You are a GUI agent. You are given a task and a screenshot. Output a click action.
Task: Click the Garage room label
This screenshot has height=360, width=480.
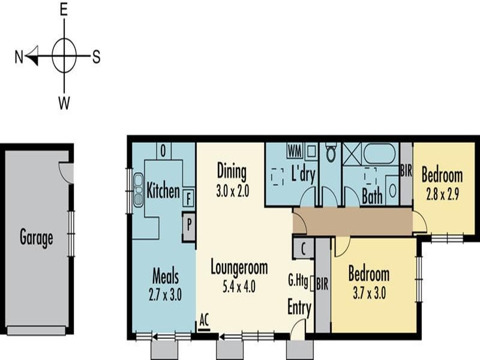[36, 238]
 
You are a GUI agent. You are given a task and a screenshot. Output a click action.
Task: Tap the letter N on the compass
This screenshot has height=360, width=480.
[19, 57]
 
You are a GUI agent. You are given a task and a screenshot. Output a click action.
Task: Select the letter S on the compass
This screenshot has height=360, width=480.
[96, 57]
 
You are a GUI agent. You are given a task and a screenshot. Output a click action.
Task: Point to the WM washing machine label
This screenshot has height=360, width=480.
[294, 148]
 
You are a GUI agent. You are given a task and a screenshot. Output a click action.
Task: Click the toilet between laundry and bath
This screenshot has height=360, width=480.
[331, 154]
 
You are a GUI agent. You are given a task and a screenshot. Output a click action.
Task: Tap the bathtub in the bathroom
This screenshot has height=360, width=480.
[380, 153]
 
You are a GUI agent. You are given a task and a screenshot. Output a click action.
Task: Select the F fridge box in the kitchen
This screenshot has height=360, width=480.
[189, 197]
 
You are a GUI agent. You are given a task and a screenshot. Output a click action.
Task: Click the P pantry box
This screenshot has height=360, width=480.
[189, 227]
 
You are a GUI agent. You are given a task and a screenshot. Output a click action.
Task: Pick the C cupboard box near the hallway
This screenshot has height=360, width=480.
[304, 247]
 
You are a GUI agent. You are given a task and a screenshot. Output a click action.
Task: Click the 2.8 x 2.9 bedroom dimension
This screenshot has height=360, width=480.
[442, 194]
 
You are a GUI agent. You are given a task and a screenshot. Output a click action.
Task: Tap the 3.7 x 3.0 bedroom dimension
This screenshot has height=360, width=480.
[368, 293]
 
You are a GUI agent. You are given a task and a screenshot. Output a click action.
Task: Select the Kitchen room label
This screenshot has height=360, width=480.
[163, 191]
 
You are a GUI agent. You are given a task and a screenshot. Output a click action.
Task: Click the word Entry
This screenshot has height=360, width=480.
[299, 308]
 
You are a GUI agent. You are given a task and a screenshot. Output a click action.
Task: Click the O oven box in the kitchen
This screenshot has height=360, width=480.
[164, 150]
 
